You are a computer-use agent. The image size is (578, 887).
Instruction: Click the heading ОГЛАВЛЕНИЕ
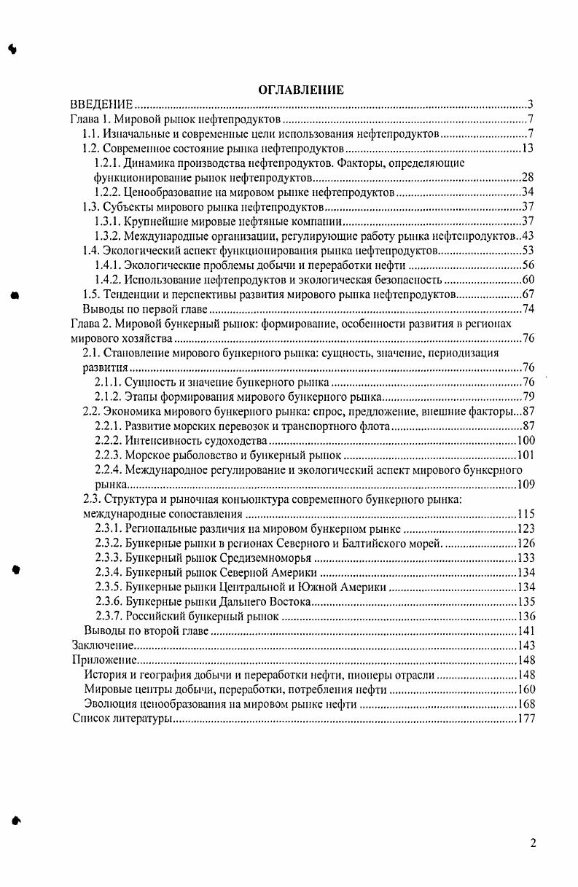(x=300, y=90)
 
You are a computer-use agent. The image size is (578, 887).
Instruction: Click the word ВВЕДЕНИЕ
(x=101, y=105)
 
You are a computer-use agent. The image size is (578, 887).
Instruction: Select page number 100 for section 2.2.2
(x=526, y=441)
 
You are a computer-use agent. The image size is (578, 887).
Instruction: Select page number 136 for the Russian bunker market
(x=526, y=616)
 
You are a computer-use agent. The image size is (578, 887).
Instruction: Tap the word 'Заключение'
(x=101, y=645)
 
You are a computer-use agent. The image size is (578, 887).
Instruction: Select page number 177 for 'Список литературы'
(x=526, y=719)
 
